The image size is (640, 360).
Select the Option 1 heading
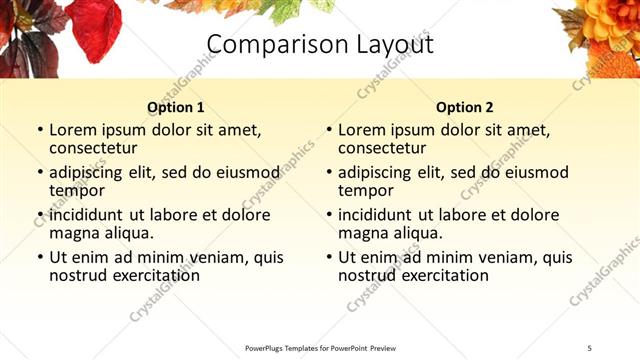[175, 107]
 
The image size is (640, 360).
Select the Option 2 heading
[464, 107]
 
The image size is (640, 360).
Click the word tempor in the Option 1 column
[77, 191]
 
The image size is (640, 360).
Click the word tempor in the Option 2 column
[366, 191]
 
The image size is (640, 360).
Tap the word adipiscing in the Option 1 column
[90, 172]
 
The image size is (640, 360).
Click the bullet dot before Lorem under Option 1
[40, 130]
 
